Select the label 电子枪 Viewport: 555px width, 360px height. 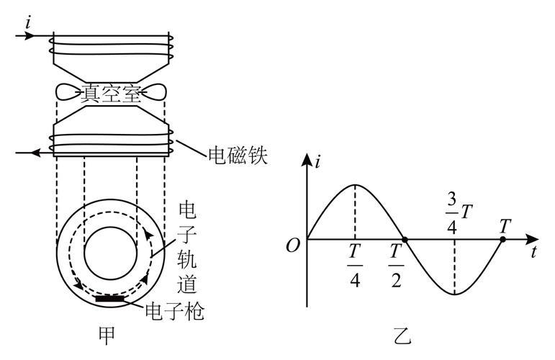(x=175, y=312)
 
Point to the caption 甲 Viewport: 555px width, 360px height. (x=106, y=336)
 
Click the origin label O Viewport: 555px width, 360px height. (x=292, y=245)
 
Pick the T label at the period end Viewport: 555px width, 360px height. (x=504, y=225)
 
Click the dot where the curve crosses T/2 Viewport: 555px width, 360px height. (x=405, y=238)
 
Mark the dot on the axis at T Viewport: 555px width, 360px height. (x=502, y=238)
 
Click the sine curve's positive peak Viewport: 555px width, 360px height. (x=355, y=185)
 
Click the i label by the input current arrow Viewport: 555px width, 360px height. (x=28, y=22)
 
